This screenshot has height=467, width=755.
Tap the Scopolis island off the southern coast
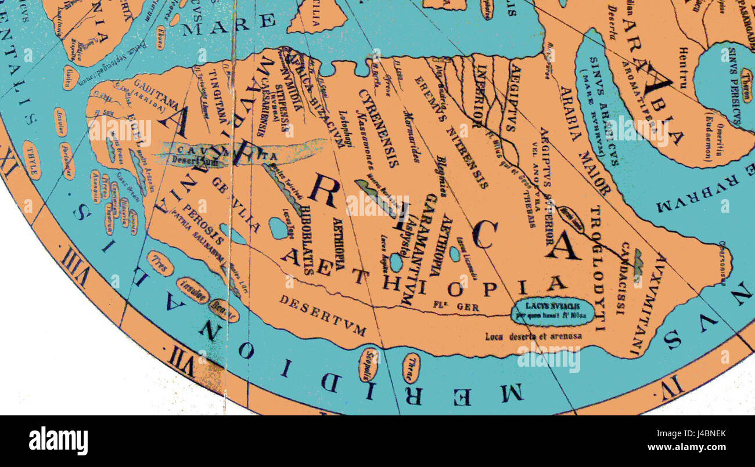(369, 364)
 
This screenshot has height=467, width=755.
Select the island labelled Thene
(411, 368)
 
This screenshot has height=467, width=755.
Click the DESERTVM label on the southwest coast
(322, 315)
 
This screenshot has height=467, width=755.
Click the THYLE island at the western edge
(32, 160)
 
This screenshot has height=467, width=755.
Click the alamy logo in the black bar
(58, 441)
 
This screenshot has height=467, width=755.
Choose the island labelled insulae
(193, 289)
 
